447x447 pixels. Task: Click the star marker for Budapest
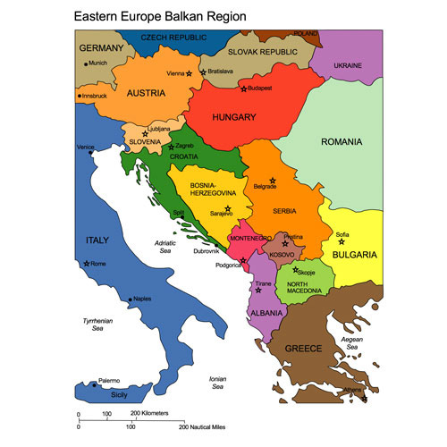pos(242,89)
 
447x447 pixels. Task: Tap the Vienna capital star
pos(190,74)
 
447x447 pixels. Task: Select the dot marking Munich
pos(86,63)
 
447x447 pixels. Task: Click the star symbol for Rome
pos(87,264)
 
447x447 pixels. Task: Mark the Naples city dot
pos(131,299)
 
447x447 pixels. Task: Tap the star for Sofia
pos(342,241)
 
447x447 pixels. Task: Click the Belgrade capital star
pos(274,181)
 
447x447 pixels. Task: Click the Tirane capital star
pos(258,290)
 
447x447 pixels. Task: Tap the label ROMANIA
pos(342,142)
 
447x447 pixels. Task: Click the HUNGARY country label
pos(234,117)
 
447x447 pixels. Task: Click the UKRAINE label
pos(348,65)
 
